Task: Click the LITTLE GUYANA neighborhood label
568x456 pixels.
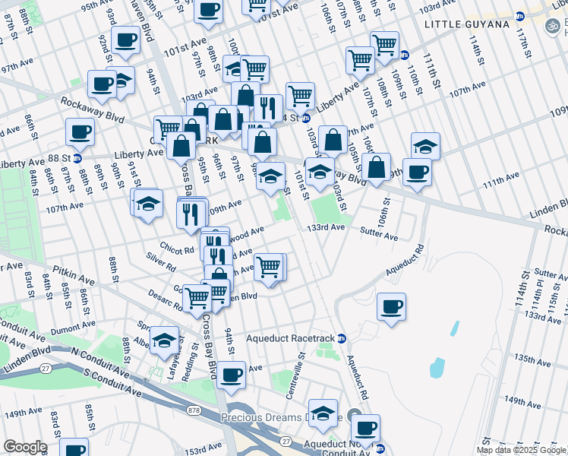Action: pyautogui.click(x=467, y=25)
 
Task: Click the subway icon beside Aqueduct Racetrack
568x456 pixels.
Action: pyautogui.click(x=342, y=338)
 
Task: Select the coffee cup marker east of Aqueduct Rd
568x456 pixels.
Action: pyautogui.click(x=391, y=307)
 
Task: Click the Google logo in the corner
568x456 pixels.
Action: pyautogui.click(x=25, y=447)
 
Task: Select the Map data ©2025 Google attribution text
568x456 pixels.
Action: pyautogui.click(x=521, y=450)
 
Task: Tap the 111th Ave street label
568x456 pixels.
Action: pyautogui.click(x=501, y=176)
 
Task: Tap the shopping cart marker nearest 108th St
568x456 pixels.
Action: pyautogui.click(x=385, y=45)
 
